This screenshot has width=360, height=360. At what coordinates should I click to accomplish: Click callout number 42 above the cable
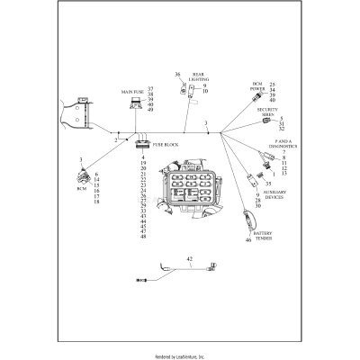point(189,260)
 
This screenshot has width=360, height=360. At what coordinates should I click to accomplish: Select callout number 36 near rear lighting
point(177,74)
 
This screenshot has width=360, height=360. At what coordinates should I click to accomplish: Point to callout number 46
point(248,240)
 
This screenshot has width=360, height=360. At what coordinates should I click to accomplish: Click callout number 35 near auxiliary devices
point(267,183)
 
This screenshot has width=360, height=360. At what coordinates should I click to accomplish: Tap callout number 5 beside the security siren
point(282,118)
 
